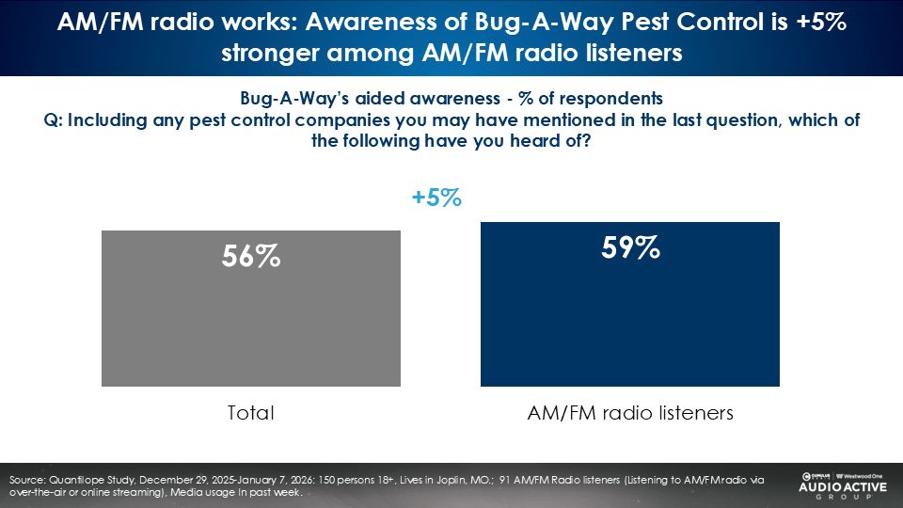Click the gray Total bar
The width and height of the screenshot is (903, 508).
click(251, 320)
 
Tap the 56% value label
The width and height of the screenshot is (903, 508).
click(251, 256)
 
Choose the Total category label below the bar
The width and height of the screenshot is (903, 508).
click(251, 412)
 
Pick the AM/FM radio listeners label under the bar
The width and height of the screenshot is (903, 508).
click(629, 412)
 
